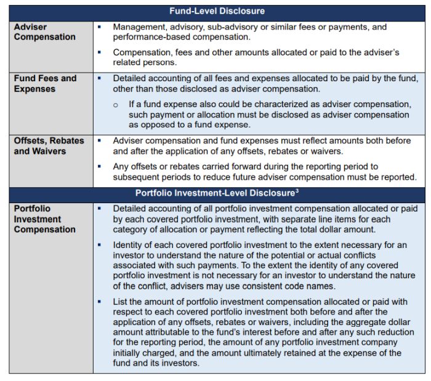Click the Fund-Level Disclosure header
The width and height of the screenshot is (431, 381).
tap(217, 11)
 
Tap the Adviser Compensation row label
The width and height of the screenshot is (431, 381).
tap(44, 32)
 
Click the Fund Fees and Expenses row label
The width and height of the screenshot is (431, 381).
tap(45, 84)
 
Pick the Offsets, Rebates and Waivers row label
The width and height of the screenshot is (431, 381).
tap(49, 146)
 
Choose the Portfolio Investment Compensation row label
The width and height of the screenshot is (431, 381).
tap(44, 219)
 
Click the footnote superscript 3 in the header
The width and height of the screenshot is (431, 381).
tap(297, 190)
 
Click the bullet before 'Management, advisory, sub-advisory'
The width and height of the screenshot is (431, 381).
tap(99, 27)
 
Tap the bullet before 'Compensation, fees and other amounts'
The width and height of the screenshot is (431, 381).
tap(99, 52)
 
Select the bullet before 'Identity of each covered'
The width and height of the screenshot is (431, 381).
tap(99, 245)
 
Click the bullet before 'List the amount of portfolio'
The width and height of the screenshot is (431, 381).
tap(99, 301)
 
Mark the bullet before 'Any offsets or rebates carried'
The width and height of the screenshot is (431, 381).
tap(99, 166)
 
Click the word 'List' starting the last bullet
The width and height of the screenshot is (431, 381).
tap(120, 301)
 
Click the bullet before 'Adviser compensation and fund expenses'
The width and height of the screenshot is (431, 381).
tap(99, 140)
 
